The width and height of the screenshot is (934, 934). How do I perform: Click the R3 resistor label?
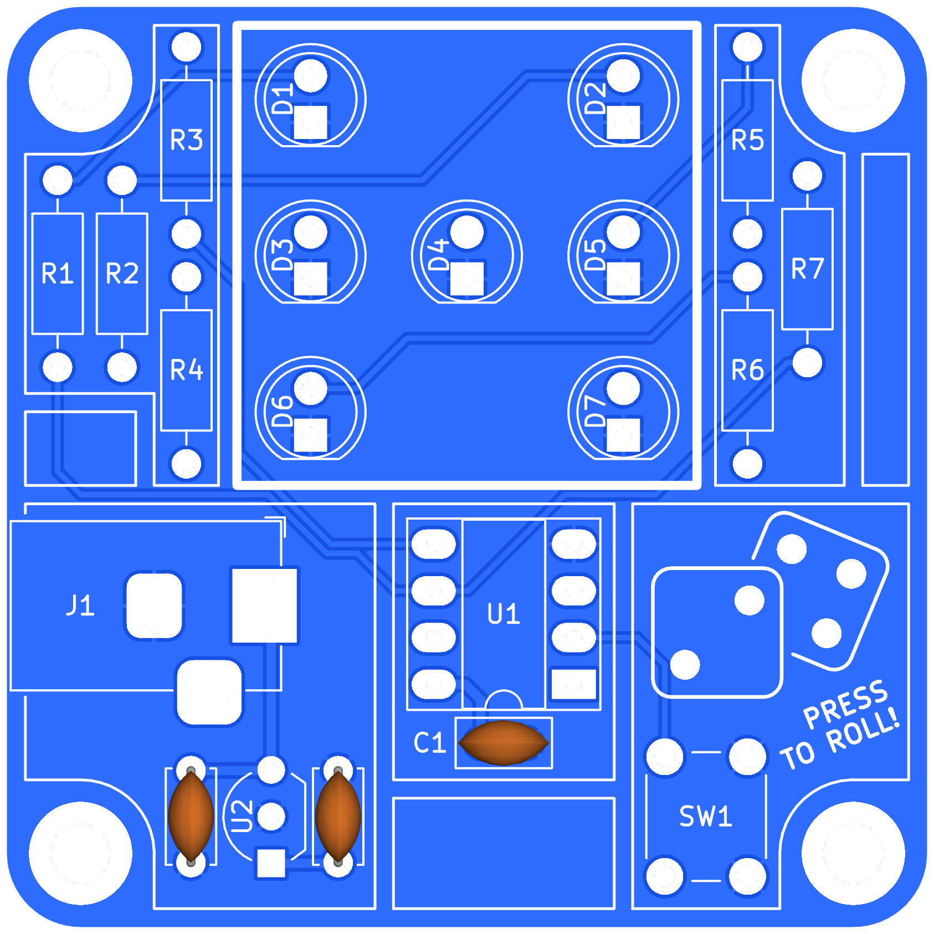[187, 140]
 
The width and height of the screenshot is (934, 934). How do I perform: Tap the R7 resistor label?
[808, 269]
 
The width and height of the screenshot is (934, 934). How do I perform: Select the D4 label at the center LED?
[438, 255]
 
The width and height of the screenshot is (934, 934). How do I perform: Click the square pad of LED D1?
[311, 123]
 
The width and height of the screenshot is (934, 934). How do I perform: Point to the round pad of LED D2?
[623, 76]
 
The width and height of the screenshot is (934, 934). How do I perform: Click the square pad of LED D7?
[623, 435]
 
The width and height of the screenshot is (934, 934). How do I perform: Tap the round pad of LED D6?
[311, 388]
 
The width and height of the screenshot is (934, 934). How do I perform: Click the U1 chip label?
[504, 614]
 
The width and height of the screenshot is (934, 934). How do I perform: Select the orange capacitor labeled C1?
[504, 743]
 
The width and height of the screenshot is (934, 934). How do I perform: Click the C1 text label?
[430, 742]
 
